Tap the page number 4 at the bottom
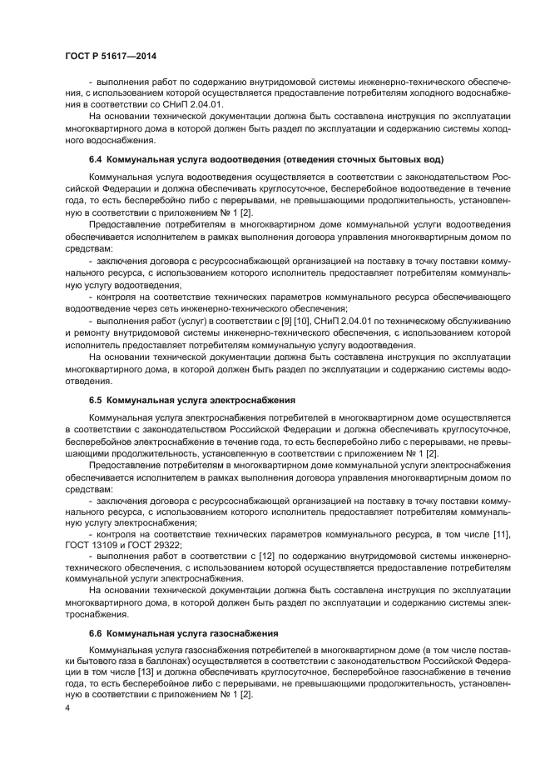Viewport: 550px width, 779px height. click(67, 708)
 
